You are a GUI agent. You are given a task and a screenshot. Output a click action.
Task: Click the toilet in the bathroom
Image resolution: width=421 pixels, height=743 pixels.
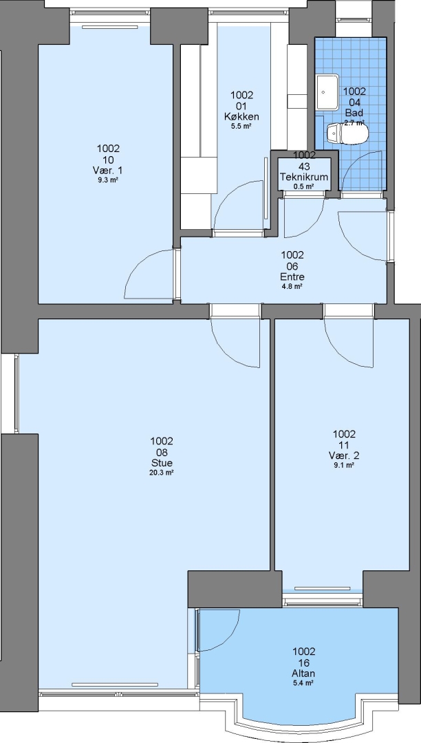pyautogui.click(x=347, y=134)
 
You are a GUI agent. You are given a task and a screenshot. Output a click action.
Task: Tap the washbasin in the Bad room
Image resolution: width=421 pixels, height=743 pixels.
pyautogui.click(x=327, y=92)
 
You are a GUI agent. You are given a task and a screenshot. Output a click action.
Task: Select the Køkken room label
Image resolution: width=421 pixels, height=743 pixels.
pyautogui.click(x=241, y=116)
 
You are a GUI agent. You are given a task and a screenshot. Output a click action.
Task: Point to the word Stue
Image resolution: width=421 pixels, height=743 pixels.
pyautogui.click(x=162, y=463)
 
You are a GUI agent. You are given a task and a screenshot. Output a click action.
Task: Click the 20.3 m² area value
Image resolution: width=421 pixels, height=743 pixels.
pyautogui.click(x=162, y=473)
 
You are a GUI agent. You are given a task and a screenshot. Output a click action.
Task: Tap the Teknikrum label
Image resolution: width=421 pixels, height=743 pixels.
pyautogui.click(x=304, y=177)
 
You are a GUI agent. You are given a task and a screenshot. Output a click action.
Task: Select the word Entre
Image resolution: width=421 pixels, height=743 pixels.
pyautogui.click(x=292, y=277)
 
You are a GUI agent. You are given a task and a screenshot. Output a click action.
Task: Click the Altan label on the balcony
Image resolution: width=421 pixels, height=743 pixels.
pyautogui.click(x=304, y=674)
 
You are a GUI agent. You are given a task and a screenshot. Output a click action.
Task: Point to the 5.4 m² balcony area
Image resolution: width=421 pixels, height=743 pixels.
pyautogui.click(x=304, y=683)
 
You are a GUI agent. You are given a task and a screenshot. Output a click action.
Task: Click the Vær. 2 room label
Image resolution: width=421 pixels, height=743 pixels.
pyautogui.click(x=344, y=456)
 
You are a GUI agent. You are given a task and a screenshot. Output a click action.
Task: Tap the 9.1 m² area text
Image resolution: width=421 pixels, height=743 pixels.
pyautogui.click(x=344, y=465)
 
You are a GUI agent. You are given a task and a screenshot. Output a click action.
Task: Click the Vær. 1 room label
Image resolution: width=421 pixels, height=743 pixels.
pyautogui.click(x=108, y=171)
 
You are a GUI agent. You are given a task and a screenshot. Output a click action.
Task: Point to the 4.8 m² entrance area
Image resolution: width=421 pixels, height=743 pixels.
pyautogui.click(x=292, y=287)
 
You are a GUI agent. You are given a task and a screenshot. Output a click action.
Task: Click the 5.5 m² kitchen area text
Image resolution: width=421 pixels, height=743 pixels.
pyautogui.click(x=241, y=127)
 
